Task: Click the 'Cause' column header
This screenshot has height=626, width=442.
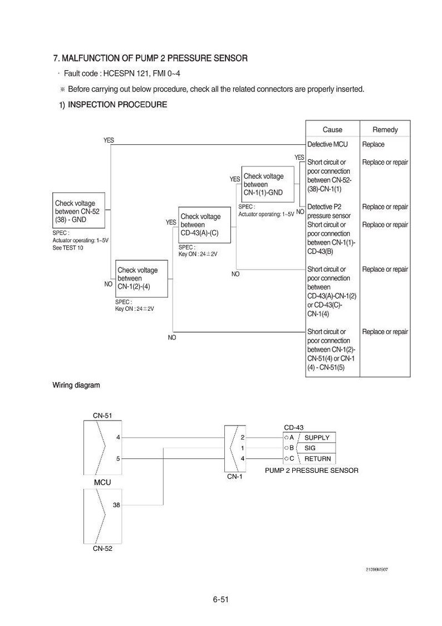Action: pos(332,129)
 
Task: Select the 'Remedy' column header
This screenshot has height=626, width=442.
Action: pos(385,129)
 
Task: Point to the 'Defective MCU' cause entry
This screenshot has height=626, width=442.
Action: pos(327,144)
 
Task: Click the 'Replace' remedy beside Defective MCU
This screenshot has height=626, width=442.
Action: pos(373,144)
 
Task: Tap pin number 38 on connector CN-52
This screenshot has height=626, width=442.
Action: pos(116,505)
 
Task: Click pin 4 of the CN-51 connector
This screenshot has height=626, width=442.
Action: pos(118,438)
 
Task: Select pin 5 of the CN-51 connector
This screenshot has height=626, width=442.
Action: pos(118,459)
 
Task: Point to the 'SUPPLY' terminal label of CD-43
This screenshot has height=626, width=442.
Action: pos(317,438)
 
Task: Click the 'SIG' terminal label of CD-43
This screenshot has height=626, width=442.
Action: pos(310,448)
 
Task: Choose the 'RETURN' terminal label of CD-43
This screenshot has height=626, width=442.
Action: pos(317,459)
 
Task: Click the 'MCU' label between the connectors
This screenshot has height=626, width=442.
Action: pos(102,482)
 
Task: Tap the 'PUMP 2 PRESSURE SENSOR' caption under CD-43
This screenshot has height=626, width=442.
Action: pos(312,470)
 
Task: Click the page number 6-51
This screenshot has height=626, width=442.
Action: pos(220,599)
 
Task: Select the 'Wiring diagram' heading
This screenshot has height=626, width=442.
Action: pos(76,385)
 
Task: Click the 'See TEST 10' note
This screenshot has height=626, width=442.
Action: pos(68,248)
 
